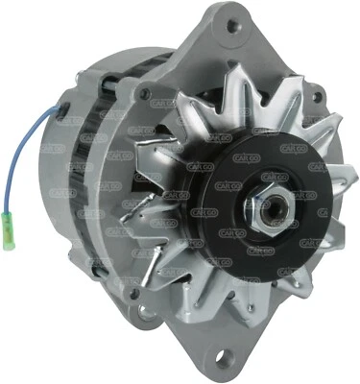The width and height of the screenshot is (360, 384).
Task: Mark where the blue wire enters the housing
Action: point(60,117)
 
